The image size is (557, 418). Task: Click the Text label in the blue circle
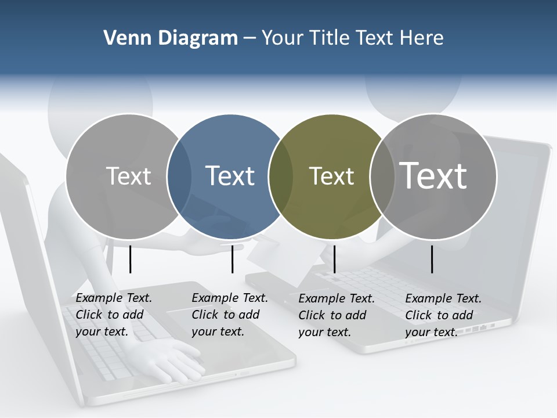click(x=230, y=176)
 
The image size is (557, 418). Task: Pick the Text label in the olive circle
click(x=331, y=176)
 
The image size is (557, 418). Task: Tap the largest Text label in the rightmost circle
click(x=433, y=175)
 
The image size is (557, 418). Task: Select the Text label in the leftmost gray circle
click(x=129, y=176)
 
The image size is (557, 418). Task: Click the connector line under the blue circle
click(x=232, y=259)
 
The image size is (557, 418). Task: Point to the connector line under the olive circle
click(x=335, y=259)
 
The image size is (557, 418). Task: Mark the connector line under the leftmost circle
click(x=131, y=259)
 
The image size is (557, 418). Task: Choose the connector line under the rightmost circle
click(x=432, y=259)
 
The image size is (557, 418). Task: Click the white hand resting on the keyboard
click(x=174, y=360)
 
